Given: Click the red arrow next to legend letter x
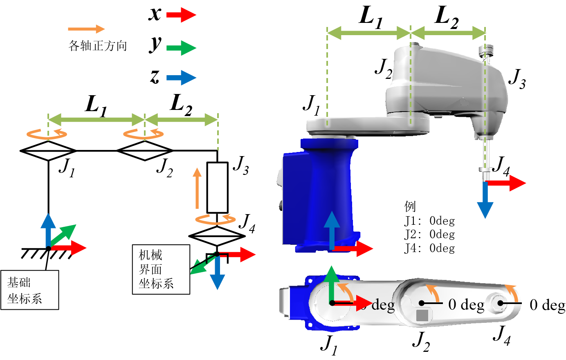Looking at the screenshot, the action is point(181,15).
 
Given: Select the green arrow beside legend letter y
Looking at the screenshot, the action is point(181,48).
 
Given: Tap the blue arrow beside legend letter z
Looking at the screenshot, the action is point(181,78).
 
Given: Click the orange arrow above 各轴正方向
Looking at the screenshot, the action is point(86,29).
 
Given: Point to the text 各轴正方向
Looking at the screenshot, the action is point(97,46).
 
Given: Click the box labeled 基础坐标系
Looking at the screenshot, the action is point(30,290).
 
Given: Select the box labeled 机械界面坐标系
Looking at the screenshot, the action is point(161,269).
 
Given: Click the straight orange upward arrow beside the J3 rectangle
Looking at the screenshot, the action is point(197,188).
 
